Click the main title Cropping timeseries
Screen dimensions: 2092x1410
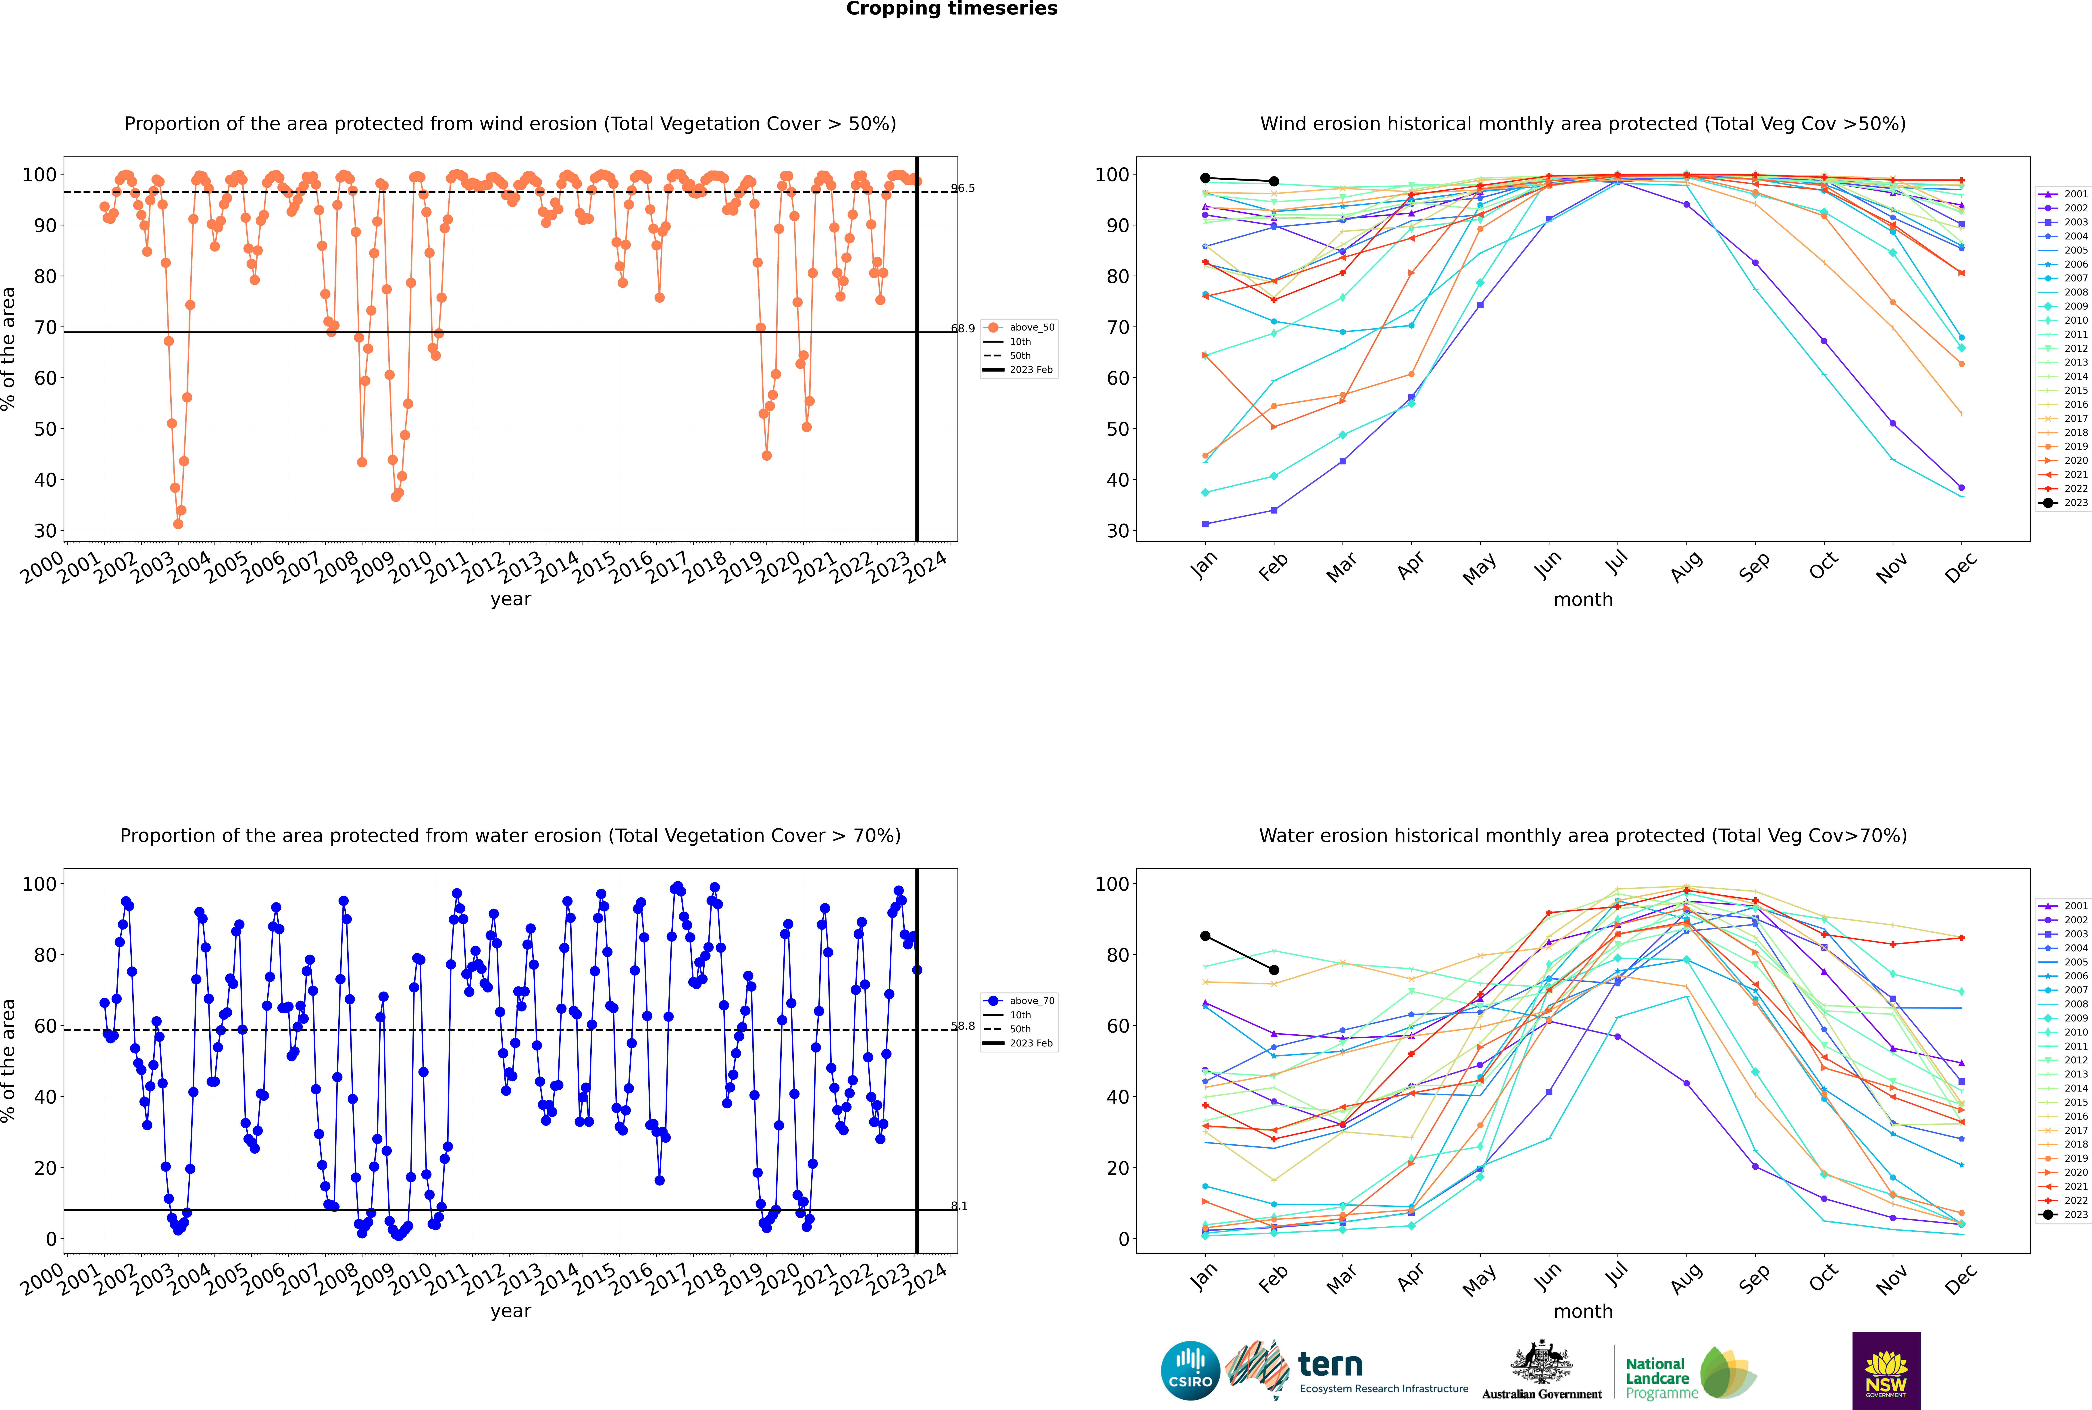(951, 9)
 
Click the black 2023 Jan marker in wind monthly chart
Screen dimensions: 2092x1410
(1205, 178)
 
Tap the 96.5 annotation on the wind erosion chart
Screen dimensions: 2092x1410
(962, 188)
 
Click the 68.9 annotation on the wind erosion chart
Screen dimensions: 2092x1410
(962, 328)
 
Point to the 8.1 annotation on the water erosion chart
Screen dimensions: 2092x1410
(959, 1206)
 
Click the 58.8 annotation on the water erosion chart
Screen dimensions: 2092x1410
(962, 1026)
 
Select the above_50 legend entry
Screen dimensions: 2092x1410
(1019, 327)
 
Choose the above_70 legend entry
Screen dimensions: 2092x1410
(1019, 1001)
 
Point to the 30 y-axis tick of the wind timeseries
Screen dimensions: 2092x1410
(45, 530)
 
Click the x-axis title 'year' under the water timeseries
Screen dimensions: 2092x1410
(511, 1311)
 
